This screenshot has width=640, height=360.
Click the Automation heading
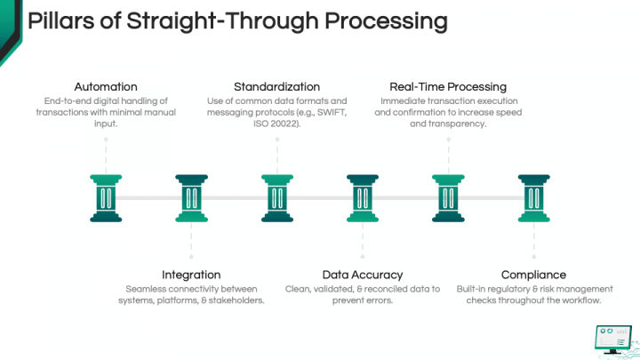[x=106, y=87]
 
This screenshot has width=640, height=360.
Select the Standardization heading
[x=276, y=87]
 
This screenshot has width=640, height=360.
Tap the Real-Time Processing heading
[x=448, y=87]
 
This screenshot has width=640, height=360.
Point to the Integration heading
[x=191, y=275]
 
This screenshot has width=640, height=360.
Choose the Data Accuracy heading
[x=362, y=275]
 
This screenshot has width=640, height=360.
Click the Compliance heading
[x=533, y=275]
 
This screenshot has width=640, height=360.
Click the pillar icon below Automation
[x=106, y=197]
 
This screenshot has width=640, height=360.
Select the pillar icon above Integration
[x=191, y=197]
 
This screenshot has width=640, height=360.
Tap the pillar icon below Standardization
[x=276, y=197]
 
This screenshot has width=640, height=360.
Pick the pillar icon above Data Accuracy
[x=362, y=197]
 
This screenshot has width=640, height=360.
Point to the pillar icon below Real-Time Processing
[x=448, y=197]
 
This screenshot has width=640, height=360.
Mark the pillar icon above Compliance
[x=533, y=197]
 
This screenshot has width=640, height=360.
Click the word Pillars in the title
[x=60, y=20]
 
